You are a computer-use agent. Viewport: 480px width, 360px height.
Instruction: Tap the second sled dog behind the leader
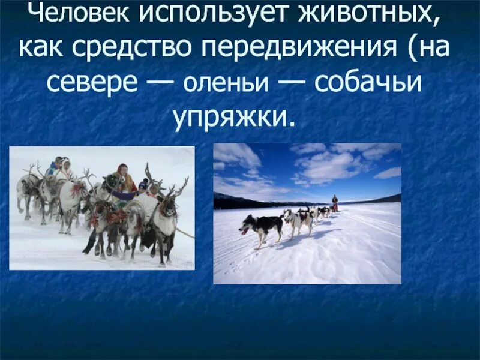[298, 220]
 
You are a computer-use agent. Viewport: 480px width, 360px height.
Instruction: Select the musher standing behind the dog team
[335, 203]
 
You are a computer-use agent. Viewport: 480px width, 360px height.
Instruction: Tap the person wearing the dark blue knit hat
[143, 186]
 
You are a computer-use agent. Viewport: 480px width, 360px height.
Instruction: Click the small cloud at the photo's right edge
[388, 173]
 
